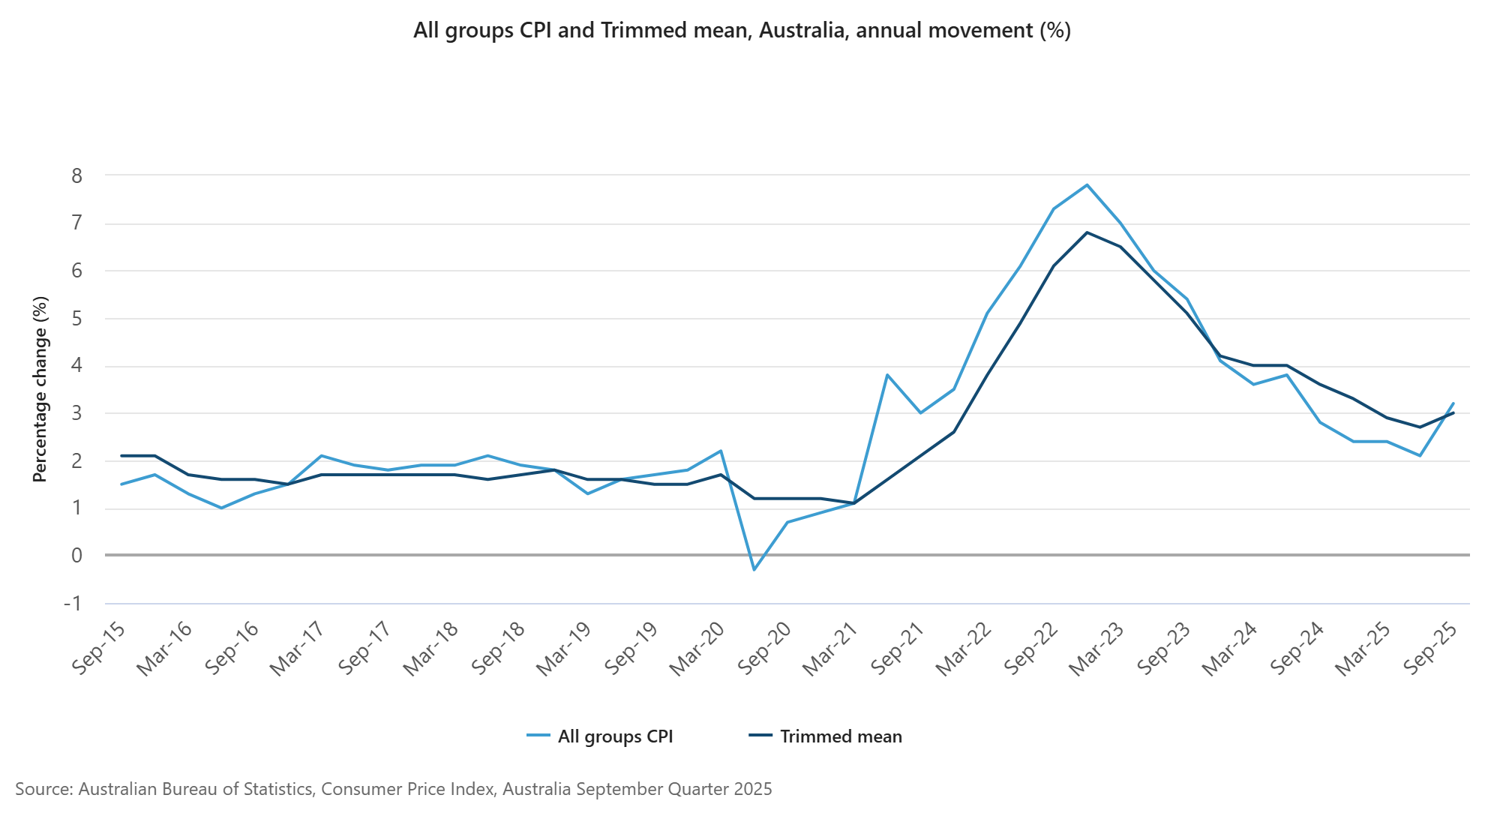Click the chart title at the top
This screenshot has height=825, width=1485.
(x=742, y=31)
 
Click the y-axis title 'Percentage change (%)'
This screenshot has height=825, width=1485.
(x=40, y=388)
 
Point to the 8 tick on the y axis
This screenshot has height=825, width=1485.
(x=77, y=176)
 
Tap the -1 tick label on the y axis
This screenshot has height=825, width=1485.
(x=73, y=604)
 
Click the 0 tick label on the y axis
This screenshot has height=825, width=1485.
(x=77, y=556)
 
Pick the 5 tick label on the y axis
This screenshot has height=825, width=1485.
(x=77, y=319)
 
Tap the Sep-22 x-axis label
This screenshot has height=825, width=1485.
(x=1030, y=649)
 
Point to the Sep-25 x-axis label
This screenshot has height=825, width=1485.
(x=1430, y=649)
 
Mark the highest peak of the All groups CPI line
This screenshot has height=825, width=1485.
(x=1087, y=184)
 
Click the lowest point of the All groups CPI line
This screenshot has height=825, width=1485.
(x=754, y=570)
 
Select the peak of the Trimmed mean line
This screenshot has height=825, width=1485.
(x=1087, y=232)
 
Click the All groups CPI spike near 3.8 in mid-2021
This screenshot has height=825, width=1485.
(x=887, y=374)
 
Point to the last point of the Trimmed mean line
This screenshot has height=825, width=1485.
(x=1453, y=412)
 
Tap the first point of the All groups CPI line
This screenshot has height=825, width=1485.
(x=121, y=484)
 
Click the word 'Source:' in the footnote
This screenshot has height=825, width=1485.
(x=43, y=789)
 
